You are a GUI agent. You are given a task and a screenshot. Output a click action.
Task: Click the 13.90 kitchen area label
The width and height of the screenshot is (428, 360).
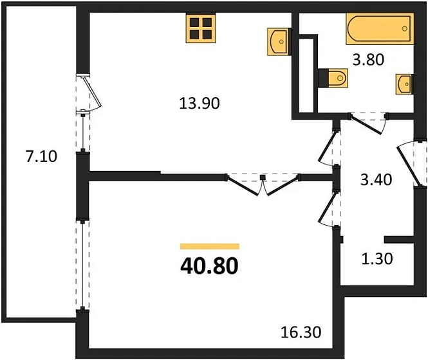tap(200, 104)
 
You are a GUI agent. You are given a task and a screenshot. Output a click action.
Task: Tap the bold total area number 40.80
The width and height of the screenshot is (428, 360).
tap(209, 266)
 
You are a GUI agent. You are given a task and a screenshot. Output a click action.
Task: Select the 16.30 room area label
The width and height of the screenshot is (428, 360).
tap(301, 332)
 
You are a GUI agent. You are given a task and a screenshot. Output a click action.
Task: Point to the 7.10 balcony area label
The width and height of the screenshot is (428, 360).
tap(41, 157)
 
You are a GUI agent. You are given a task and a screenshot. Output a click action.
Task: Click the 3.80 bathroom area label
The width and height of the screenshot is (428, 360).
tap(368, 60)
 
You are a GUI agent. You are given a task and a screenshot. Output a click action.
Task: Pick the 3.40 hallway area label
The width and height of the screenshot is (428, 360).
tap(376, 180)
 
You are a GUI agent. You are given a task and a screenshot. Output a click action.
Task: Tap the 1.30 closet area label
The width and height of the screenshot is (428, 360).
tap(377, 258)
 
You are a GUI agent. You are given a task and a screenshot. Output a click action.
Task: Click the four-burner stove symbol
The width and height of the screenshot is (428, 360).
tap(201, 28)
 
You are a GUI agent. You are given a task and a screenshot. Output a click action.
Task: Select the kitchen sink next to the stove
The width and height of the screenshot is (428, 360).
tap(278, 42)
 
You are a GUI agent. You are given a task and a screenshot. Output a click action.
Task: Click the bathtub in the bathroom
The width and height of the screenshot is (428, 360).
tap(380, 28)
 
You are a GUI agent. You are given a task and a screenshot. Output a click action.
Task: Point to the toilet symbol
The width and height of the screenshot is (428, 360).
tap(333, 78)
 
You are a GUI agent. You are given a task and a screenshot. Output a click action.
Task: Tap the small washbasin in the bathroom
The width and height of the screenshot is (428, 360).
tap(404, 84)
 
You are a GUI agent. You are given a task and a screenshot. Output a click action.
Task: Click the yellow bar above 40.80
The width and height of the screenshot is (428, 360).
tap(210, 246)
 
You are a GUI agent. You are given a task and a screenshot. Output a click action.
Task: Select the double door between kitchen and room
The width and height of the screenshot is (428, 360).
tap(263, 184)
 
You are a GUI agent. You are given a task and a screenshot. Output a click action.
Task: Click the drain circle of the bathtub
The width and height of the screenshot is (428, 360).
tap(405, 28)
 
